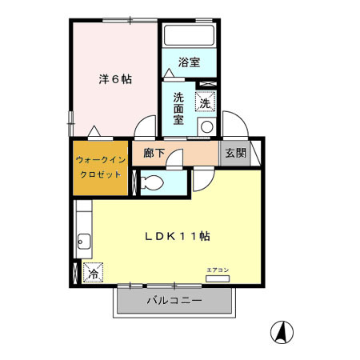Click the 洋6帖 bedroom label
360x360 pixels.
tap(115, 79)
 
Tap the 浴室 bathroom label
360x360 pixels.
tap(189, 62)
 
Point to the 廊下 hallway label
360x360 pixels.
tap(154, 153)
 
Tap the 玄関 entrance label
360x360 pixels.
tap(235, 153)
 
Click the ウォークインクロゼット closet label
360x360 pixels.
tap(99, 167)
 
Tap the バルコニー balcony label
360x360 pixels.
tap(174, 302)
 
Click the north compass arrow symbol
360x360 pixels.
tap(282, 330)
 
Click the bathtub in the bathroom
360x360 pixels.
tap(189, 37)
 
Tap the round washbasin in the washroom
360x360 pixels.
tap(206, 126)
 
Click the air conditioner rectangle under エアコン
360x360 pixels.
tap(217, 279)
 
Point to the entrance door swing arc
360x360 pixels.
tap(235, 125)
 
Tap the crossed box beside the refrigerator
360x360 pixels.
tap(76, 272)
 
